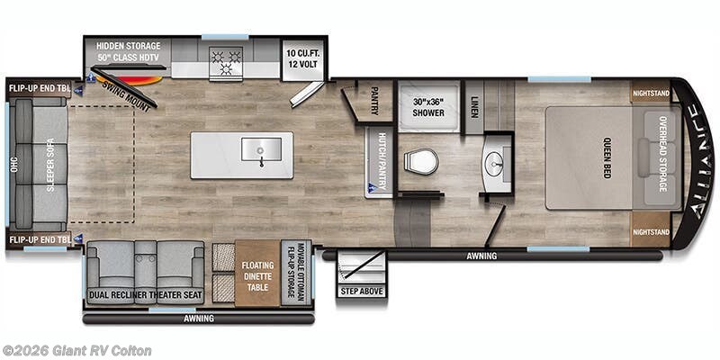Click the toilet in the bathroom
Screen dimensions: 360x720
(x=421, y=162)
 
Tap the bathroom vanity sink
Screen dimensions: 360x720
(x=493, y=164)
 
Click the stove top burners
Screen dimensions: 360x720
(x=223, y=60)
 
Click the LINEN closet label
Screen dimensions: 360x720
(x=473, y=107)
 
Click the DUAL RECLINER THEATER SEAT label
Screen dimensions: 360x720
(x=145, y=294)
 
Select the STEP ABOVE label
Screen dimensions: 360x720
(x=362, y=290)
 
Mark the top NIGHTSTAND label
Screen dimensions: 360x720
(x=651, y=92)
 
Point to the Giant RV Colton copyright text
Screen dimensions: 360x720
(x=77, y=350)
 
